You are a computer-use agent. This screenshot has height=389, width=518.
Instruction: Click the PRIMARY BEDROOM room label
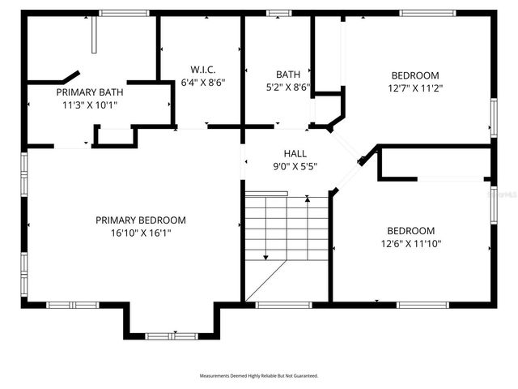coord(141,220)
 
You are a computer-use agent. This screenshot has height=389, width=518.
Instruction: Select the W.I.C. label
coord(202,70)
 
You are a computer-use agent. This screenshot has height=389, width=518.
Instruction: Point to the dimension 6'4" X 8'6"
coord(202,82)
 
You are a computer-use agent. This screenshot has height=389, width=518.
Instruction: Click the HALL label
coord(295,154)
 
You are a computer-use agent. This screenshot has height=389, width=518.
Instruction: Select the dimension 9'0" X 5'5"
coord(295,166)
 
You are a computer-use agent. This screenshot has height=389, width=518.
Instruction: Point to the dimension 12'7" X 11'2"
coord(415,88)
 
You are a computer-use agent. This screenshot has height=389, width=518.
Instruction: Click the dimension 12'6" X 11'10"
coord(410,243)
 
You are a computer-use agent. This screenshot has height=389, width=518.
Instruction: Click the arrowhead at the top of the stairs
coord(308,198)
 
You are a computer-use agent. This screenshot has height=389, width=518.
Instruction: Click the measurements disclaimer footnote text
coord(259,376)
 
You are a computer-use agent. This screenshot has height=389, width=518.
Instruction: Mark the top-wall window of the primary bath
coord(124,13)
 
